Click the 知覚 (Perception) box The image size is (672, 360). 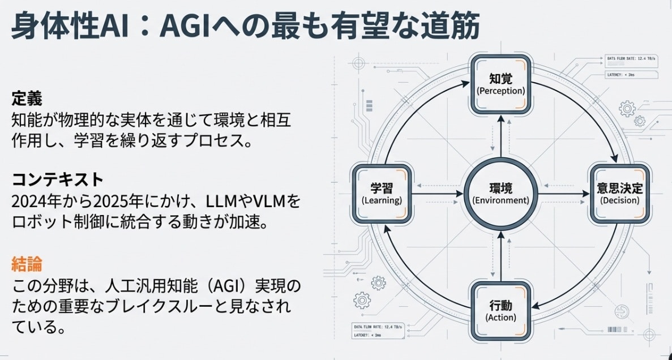[x=500, y=83]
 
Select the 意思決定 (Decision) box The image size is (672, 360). [x=619, y=193]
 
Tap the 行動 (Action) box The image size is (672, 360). [x=500, y=311]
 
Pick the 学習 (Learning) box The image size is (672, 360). [x=382, y=193]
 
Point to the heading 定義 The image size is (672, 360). [x=27, y=98]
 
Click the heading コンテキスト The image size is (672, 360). [x=58, y=180]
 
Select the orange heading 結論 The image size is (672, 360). [x=27, y=263]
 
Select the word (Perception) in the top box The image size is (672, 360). [x=500, y=91]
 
